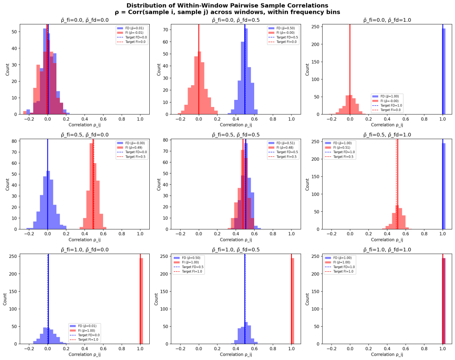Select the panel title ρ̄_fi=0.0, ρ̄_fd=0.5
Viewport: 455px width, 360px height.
tap(235, 20)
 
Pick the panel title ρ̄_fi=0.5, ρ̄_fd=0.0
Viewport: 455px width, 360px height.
tap(84, 135)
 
